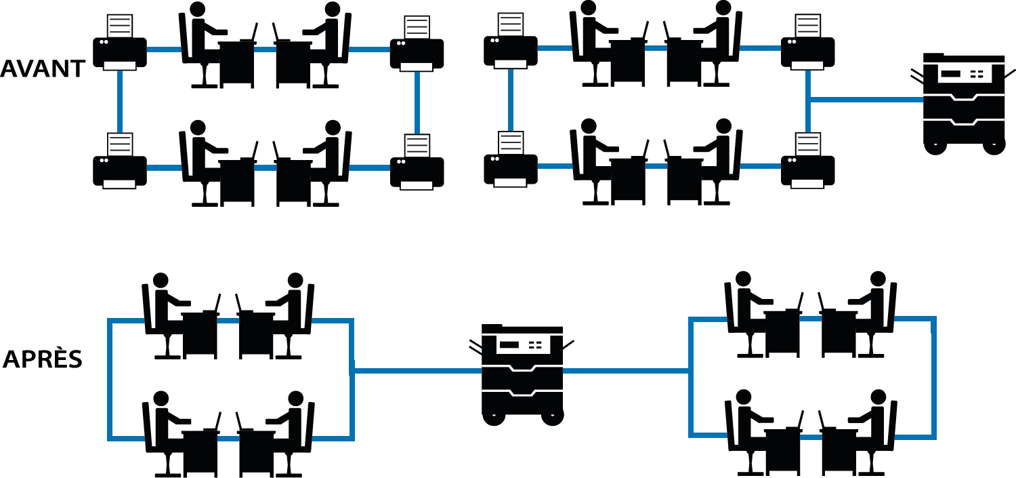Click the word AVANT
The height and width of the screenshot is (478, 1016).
[42, 68]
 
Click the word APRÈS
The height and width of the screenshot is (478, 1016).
[42, 359]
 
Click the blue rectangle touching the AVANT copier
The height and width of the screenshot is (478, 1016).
[864, 101]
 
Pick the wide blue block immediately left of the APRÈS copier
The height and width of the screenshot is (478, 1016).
[396, 380]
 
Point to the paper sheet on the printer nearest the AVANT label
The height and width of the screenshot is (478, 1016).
[120, 26]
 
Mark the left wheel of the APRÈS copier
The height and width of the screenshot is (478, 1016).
[493, 416]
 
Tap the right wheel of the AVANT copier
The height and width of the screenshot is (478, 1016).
[994, 145]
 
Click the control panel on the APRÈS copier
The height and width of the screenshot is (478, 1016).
[521, 345]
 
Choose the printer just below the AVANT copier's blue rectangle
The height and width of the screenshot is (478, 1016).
[807, 163]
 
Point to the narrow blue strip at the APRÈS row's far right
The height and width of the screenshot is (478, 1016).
[916, 378]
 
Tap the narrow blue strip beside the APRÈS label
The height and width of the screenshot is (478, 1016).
[126, 380]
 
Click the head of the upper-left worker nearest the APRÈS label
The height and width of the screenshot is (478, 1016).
[161, 280]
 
